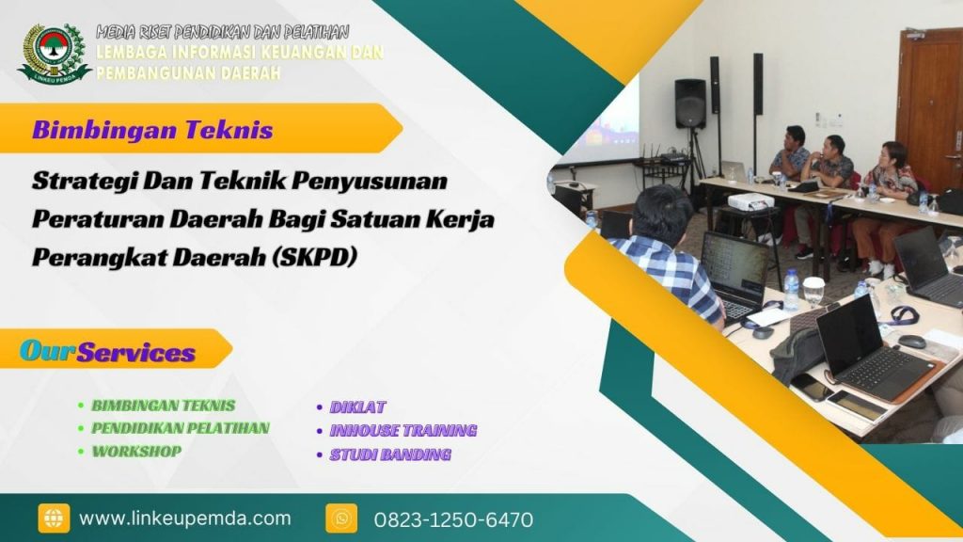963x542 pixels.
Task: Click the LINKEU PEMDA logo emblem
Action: click(x=53, y=51)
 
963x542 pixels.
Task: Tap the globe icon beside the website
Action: click(x=54, y=518)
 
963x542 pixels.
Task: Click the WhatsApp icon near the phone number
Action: click(x=341, y=518)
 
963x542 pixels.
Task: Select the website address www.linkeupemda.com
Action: click(x=184, y=518)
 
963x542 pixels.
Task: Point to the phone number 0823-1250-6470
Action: click(x=453, y=519)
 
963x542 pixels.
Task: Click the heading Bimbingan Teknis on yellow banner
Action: click(x=152, y=130)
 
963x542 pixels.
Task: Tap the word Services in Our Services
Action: click(x=135, y=353)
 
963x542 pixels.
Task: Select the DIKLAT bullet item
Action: click(x=356, y=407)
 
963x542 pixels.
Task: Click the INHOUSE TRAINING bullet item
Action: click(x=402, y=431)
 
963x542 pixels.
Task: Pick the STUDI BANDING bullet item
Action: click(x=389, y=454)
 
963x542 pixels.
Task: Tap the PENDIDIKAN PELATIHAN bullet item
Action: click(x=180, y=428)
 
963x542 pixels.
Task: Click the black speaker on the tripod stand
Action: click(x=689, y=104)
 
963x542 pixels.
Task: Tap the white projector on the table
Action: click(x=750, y=201)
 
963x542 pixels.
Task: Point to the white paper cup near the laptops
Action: click(x=813, y=290)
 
